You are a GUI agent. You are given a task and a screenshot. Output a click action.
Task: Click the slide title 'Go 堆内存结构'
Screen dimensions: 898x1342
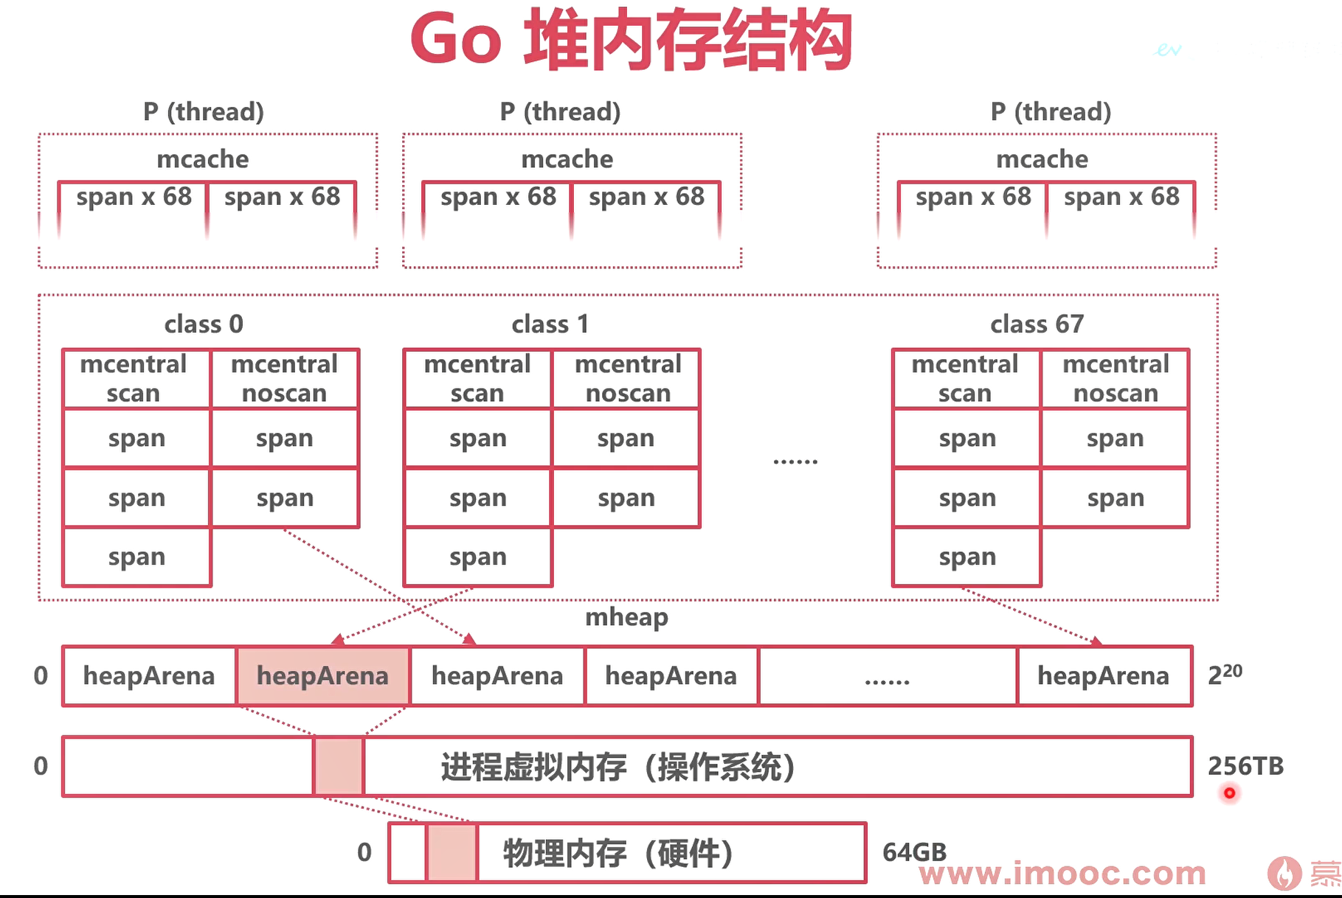click(x=631, y=41)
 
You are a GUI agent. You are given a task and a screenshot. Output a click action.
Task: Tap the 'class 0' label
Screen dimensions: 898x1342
click(x=204, y=324)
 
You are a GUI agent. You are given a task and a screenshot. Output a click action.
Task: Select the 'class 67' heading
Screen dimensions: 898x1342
click(x=1037, y=324)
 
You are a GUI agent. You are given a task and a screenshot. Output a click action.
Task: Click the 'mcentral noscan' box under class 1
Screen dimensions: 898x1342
click(x=627, y=378)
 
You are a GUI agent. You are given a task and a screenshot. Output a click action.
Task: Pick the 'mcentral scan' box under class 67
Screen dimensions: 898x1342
click(x=965, y=378)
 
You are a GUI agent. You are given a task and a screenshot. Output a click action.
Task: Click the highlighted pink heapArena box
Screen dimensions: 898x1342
click(x=322, y=676)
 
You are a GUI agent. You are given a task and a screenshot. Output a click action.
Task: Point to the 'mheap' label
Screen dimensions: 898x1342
click(x=626, y=617)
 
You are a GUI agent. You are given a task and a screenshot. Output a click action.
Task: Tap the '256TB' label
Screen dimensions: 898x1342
click(x=1245, y=766)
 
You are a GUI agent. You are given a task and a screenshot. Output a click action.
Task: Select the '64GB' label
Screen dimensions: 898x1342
click(x=914, y=852)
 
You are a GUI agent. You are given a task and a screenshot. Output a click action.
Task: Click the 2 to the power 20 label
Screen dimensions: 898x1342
click(x=1225, y=675)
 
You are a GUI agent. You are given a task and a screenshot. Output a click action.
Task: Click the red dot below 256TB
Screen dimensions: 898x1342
click(x=1229, y=793)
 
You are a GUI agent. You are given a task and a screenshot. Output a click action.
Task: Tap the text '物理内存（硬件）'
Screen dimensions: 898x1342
click(x=618, y=853)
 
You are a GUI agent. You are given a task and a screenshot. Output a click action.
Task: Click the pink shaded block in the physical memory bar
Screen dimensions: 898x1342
click(x=452, y=853)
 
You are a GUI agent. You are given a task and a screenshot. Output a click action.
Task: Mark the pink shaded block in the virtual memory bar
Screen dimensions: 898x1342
click(x=339, y=767)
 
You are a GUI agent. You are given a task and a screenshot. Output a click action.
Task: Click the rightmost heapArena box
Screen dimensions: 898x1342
click(x=1104, y=676)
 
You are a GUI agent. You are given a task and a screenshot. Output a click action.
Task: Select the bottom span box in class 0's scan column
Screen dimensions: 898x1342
click(x=136, y=557)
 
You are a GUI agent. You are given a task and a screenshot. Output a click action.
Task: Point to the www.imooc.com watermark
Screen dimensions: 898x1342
click(x=1062, y=874)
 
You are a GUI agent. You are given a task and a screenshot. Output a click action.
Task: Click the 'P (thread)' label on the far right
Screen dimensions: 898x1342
click(x=1051, y=112)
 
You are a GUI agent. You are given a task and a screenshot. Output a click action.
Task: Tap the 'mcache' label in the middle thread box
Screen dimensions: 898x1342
click(x=567, y=159)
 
